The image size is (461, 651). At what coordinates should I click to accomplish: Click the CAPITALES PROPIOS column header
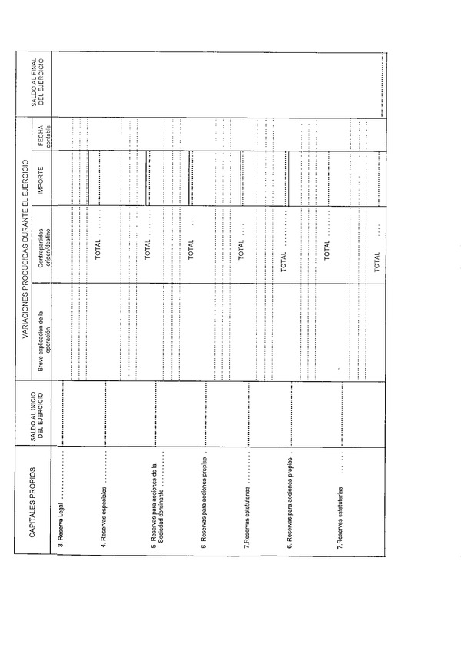pyautogui.click(x=36, y=509)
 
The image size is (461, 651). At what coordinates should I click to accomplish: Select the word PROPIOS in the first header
pyautogui.click(x=36, y=485)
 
